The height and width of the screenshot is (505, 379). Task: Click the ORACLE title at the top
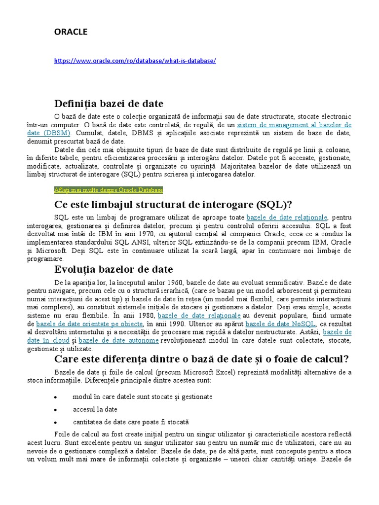point(71,32)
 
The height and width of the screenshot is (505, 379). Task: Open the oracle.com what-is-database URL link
point(135,61)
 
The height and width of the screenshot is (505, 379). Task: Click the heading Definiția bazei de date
point(109,104)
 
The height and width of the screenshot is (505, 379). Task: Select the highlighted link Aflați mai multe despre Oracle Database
point(108,190)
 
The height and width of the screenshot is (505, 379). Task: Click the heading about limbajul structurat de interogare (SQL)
point(173,205)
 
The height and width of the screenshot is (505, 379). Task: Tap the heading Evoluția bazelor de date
point(114,269)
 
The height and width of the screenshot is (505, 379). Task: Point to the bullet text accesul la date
point(95,409)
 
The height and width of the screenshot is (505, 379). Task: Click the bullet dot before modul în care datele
point(56,397)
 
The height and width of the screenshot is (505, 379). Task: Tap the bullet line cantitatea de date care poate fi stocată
point(130,422)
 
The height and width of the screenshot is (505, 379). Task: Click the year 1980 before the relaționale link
point(147,316)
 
